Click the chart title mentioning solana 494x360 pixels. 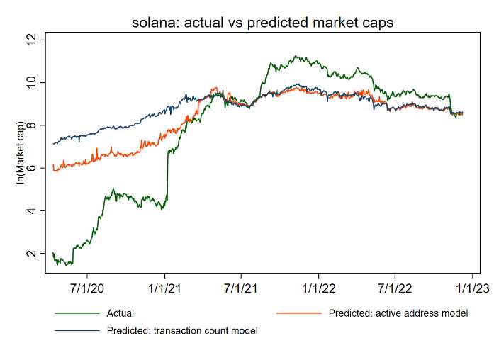[262, 23]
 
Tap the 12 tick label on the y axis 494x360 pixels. [30, 40]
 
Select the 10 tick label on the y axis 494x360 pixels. [30, 83]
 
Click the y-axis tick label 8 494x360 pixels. [30, 125]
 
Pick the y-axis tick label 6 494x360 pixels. [30, 168]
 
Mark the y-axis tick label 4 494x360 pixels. [30, 210]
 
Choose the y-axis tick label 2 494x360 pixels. [30, 253]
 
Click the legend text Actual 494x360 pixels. [120, 313]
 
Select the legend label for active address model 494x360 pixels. [398, 313]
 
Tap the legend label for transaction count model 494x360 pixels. [182, 330]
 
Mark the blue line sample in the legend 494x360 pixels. [76, 330]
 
